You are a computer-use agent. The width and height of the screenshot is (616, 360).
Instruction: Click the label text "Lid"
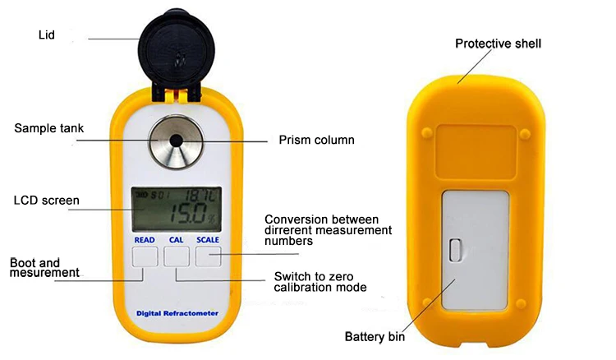click(47, 35)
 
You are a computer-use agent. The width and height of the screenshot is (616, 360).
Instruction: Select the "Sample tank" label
click(49, 128)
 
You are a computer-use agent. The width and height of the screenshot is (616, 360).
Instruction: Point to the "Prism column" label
click(317, 140)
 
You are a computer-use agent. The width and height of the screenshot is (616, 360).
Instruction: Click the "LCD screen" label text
click(47, 200)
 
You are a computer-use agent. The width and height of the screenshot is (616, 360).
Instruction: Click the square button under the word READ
click(145, 258)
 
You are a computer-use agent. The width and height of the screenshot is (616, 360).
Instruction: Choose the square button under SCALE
click(209, 258)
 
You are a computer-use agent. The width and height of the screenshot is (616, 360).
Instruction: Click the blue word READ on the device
click(145, 240)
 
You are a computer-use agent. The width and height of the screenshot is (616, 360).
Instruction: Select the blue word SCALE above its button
click(209, 240)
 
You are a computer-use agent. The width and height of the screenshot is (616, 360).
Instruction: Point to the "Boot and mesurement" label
click(44, 267)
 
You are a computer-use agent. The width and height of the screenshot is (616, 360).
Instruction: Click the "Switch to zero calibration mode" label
click(319, 281)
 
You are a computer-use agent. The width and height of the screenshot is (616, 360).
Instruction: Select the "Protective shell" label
click(499, 44)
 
